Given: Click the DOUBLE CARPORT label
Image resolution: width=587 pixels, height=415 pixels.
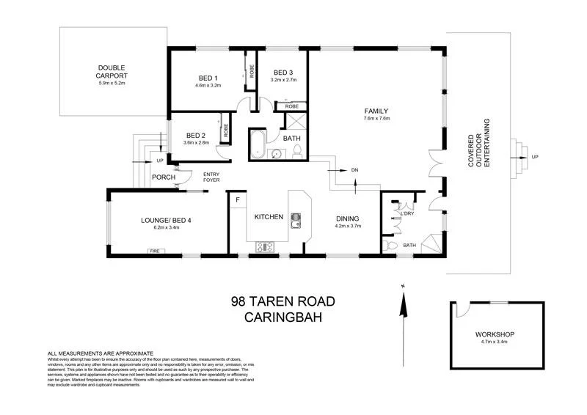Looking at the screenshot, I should [x=112, y=72].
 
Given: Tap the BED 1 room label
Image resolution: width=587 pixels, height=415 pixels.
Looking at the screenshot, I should [x=208, y=78].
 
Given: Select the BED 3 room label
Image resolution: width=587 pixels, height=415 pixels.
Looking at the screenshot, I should [x=283, y=73].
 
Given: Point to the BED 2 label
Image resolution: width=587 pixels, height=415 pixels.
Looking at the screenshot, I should [x=195, y=135].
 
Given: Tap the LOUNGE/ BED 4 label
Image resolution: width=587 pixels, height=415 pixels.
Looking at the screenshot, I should [x=166, y=220].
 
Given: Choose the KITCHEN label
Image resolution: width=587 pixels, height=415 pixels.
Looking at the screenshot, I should [x=269, y=217].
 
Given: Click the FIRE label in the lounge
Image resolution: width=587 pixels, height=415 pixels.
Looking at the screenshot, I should [x=154, y=251].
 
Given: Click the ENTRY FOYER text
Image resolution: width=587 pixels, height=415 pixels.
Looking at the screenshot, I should [x=211, y=177].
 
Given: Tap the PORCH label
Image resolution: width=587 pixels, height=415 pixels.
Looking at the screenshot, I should [x=163, y=177].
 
